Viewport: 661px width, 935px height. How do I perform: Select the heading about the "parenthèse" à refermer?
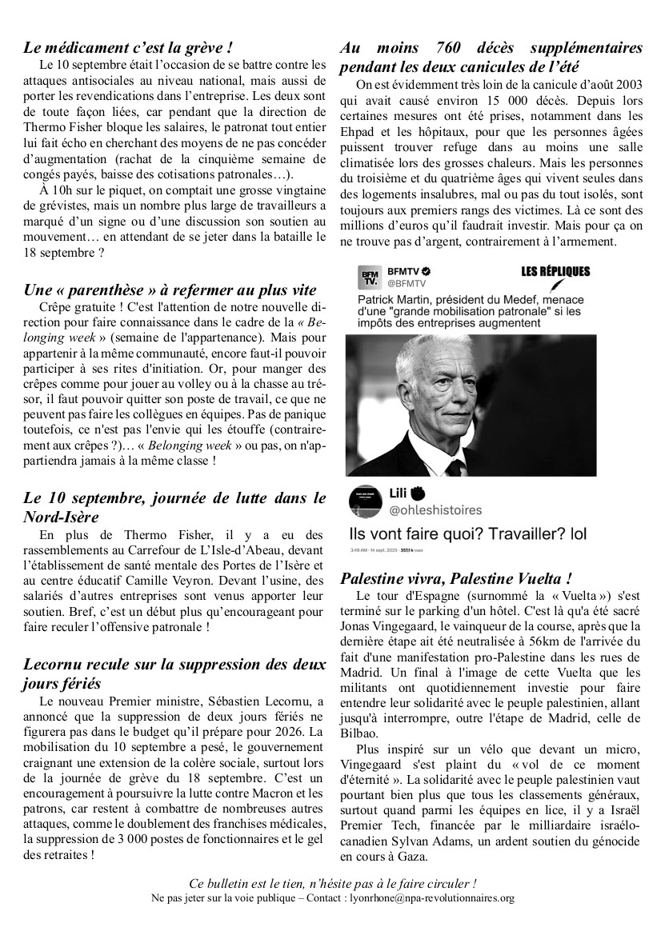[x=170, y=290]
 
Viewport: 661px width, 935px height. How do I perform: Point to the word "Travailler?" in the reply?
[x=500, y=534]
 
